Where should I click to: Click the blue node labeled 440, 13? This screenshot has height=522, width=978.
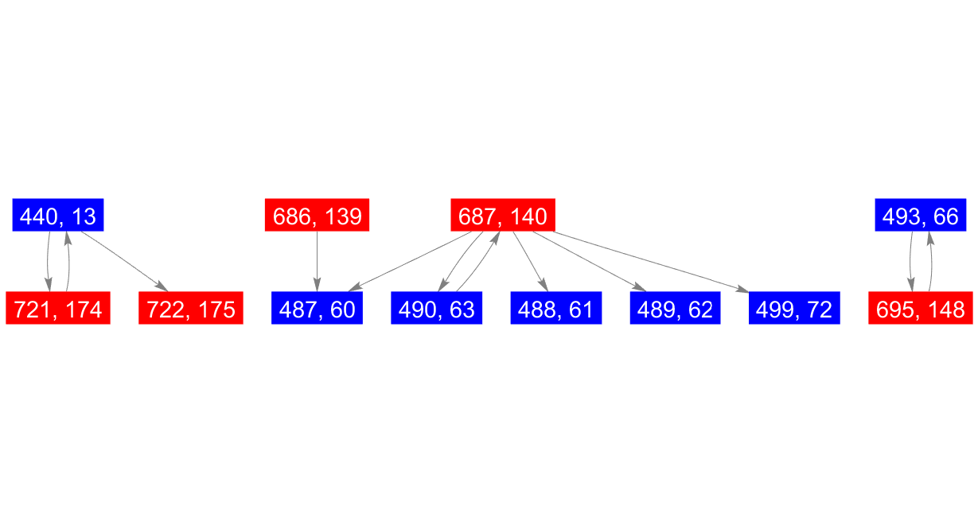pos(59,216)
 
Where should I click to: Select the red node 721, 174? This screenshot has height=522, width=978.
pos(57,308)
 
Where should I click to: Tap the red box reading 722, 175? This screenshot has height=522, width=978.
pos(190,308)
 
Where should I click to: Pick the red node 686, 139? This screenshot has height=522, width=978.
pos(317,216)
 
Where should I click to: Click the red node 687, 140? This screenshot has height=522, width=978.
pos(503,216)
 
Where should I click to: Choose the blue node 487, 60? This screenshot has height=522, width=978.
pos(317,308)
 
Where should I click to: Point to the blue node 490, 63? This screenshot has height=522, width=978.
pos(436,308)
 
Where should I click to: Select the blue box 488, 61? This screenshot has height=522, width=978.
pos(555,308)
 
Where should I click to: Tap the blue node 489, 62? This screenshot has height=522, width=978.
pos(675,308)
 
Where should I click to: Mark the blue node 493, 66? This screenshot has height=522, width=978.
pos(921,216)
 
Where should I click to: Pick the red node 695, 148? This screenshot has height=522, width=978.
pos(920,308)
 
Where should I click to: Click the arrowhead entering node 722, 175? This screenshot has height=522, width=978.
pos(164,288)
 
